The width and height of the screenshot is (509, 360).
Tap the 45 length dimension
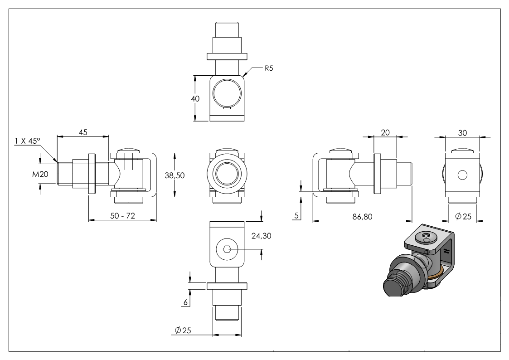[83, 132]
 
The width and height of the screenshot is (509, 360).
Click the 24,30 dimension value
[261, 236]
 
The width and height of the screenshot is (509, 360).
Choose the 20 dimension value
[385, 132]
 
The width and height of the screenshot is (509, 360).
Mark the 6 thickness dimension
[186, 302]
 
